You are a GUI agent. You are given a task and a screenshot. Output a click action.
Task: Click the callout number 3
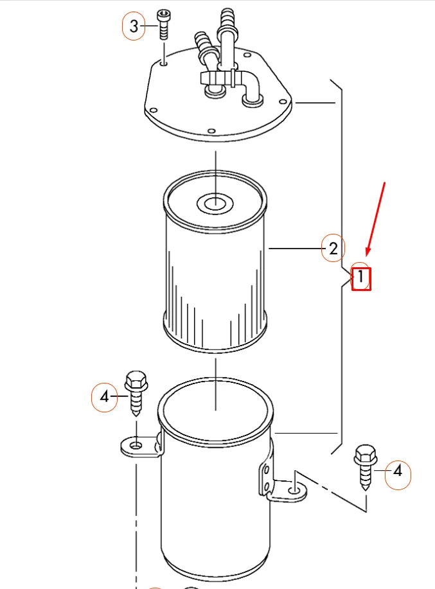point(134,26)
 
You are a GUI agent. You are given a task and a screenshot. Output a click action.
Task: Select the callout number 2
point(333,249)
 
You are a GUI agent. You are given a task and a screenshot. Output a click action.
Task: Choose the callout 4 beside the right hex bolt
point(398,471)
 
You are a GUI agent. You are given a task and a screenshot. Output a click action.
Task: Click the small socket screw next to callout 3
point(164,24)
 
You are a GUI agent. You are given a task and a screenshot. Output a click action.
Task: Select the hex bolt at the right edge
point(365,466)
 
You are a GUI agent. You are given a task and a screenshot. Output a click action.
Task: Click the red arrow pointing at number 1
point(377,218)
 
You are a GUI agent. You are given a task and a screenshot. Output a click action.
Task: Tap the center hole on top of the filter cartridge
point(215,204)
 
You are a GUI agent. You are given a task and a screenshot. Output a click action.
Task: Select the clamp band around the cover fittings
point(215,78)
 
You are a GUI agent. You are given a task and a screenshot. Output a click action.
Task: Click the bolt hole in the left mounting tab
point(136,444)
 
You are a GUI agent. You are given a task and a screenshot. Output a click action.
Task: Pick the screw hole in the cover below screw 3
point(164,62)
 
